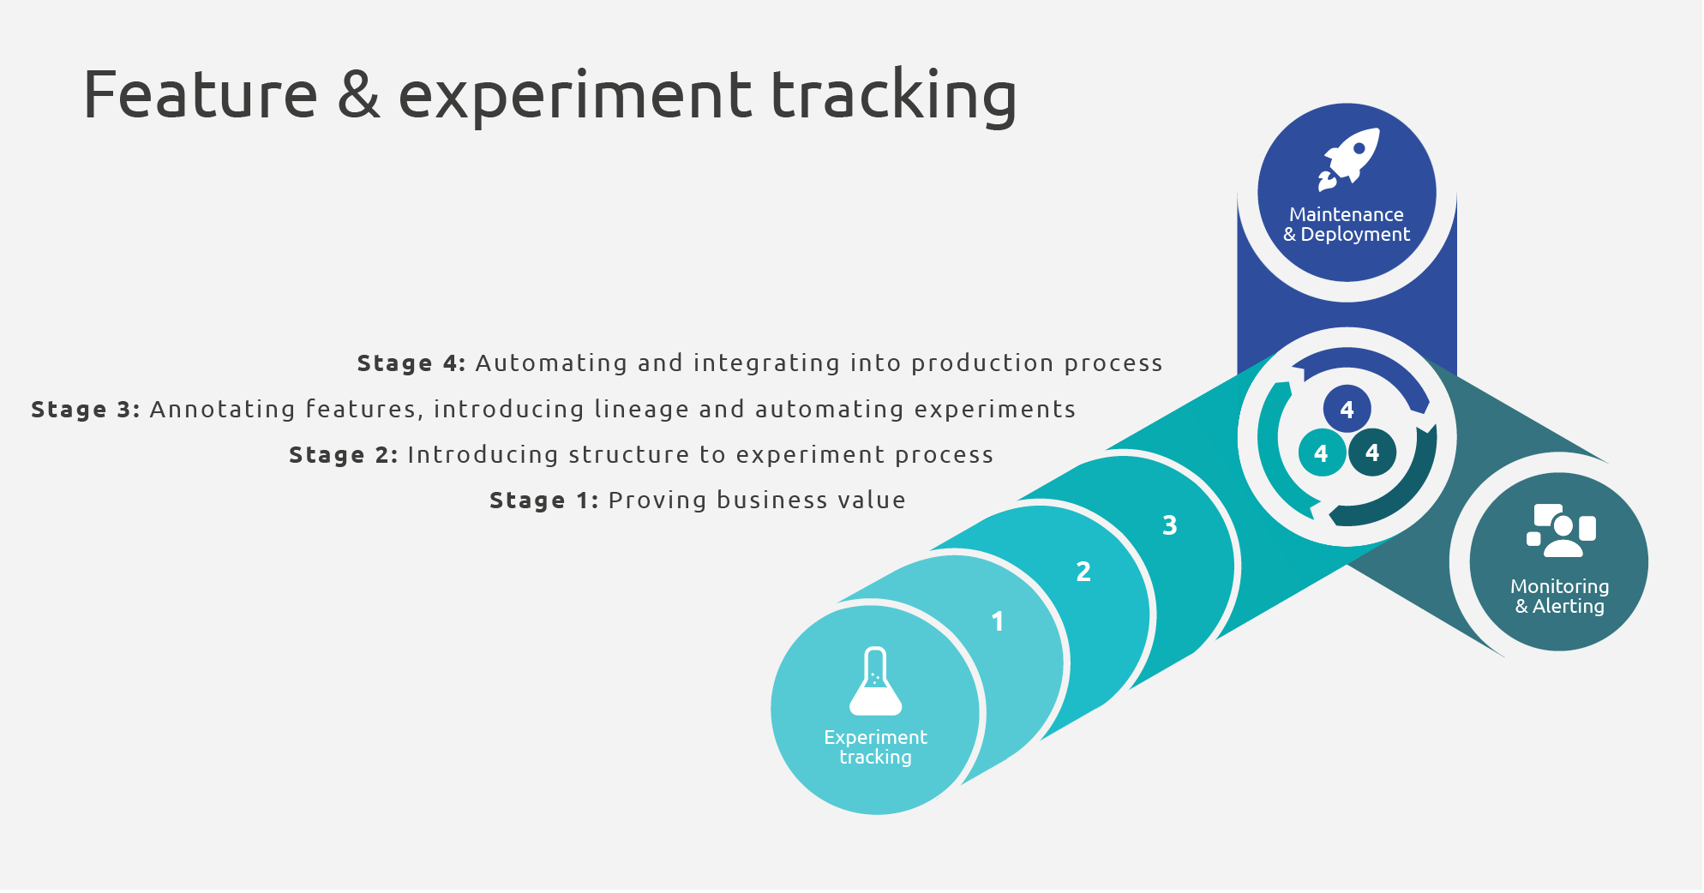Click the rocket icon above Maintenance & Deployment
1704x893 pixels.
1348,159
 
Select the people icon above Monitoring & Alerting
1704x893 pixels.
1561,530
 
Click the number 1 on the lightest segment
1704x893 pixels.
997,621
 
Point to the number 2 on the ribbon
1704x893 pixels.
1083,572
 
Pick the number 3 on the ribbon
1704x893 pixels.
1170,525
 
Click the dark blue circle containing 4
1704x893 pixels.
1347,410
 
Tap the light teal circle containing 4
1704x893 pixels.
1322,452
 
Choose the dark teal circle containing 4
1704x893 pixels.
1372,452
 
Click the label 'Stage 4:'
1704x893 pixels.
411,363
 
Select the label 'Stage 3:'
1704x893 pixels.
86,410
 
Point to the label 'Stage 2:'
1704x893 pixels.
344,455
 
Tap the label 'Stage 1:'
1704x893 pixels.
544,500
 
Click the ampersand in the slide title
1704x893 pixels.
358,94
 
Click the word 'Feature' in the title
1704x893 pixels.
201,94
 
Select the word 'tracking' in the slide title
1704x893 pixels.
894,97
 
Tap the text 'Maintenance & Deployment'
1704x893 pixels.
1347,225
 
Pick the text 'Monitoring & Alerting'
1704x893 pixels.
1560,596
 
